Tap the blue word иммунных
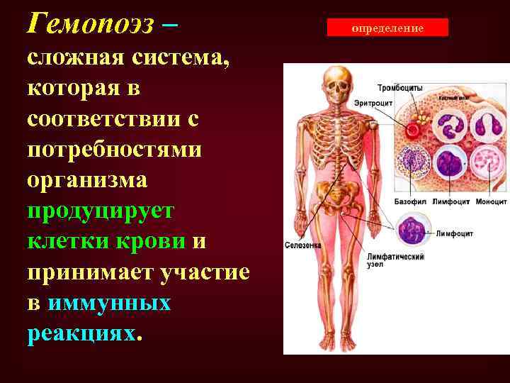(x=110, y=303)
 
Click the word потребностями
(x=114, y=150)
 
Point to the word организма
(x=87, y=180)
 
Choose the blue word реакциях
(x=81, y=333)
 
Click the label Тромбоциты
(x=400, y=87)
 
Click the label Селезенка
(x=302, y=245)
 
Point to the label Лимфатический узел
(x=395, y=260)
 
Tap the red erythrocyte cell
(x=412, y=130)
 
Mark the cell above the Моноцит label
(x=487, y=166)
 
